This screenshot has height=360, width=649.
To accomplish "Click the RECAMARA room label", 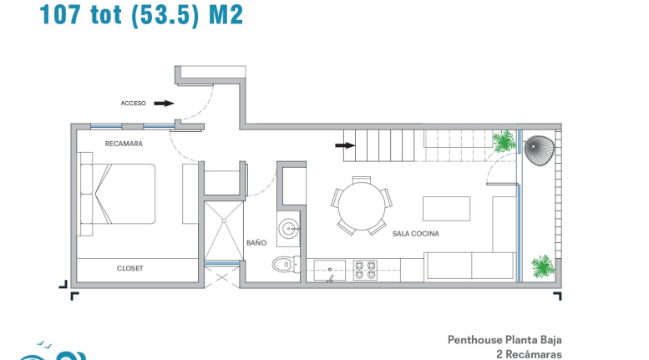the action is coord(124,144).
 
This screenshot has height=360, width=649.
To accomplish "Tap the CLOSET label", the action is coord(130,268).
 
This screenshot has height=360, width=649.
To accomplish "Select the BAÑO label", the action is coord(256,243).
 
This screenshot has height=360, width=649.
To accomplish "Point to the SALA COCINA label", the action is coord(416,234).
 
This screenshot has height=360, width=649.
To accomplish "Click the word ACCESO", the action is coord(134,103).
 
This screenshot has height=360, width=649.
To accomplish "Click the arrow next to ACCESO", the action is coord(164,103).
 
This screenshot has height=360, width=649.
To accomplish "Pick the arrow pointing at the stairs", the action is coord(345,145).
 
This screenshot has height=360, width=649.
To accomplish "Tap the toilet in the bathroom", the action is coord(286,264).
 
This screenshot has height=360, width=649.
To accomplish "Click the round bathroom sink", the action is coord(288,228).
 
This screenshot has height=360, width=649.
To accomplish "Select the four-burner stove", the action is coord(365,270).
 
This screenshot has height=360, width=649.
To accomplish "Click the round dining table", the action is coord(362,206).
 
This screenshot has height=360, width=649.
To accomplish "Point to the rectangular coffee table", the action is coord(446,209).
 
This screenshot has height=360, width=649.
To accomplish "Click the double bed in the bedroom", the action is coord(118,194).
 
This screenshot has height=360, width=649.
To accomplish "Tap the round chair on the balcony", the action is coord(539,150).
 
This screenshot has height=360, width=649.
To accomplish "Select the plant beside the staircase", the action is coord(504,141).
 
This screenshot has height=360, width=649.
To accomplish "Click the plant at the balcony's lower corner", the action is coord(543,266).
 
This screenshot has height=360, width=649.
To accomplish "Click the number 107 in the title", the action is coord(60,14).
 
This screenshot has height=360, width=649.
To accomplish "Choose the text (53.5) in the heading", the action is coord(165,15).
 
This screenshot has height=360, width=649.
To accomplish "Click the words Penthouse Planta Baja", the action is coord(504,340).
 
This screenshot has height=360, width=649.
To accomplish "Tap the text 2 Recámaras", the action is coord(529,354).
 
